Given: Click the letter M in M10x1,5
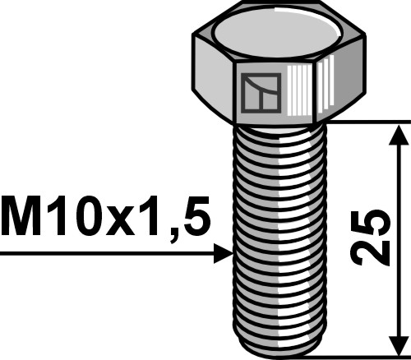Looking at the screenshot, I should pos(21,220).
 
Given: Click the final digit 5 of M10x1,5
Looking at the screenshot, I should pos(195,220).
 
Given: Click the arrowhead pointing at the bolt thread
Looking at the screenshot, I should pos(224,254).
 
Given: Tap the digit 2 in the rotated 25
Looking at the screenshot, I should pos(370,252).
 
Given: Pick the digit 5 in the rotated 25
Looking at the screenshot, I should pos(370,224).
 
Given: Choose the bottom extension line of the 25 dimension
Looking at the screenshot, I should pos(362,358).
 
